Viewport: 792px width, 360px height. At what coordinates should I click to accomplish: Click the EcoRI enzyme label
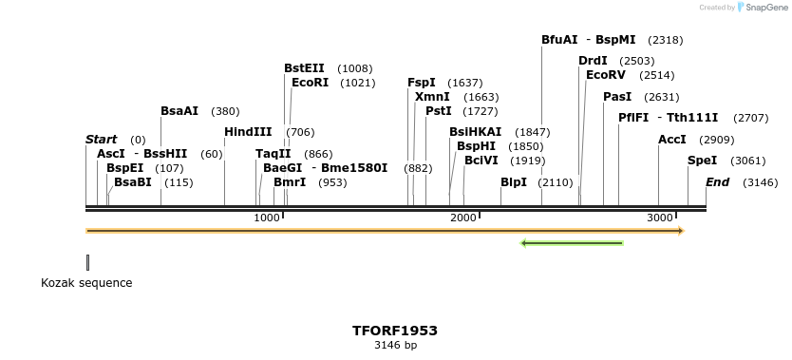(310, 83)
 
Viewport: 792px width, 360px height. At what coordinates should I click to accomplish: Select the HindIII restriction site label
(248, 132)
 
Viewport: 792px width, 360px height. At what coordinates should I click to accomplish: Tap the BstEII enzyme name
(304, 68)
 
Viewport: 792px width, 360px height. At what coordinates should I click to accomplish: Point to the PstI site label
(439, 111)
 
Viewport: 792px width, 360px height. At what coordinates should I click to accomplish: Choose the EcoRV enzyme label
(606, 75)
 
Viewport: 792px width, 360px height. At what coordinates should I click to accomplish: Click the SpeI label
(703, 161)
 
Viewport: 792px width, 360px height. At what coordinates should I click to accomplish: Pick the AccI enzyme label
(672, 140)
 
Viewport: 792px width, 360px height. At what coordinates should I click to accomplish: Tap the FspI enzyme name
(422, 83)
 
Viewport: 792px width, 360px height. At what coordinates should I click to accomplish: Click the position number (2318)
(665, 40)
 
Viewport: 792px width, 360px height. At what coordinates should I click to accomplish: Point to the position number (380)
(226, 111)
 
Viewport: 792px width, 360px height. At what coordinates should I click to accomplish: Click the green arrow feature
(572, 243)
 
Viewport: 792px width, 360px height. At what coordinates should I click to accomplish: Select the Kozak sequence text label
(86, 283)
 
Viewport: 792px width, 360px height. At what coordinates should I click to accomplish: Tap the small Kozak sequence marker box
(87, 262)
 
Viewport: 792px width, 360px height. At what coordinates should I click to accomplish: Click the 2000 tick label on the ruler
(463, 218)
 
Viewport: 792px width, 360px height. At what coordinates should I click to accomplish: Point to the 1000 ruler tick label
(268, 218)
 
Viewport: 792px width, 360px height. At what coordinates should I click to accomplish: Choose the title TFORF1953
(395, 331)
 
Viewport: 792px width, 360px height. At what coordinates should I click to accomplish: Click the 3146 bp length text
(395, 346)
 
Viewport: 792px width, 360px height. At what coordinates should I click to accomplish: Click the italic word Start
(102, 140)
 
